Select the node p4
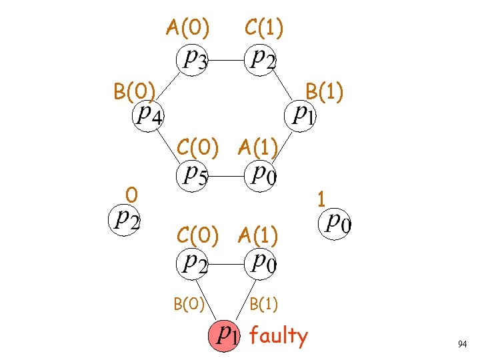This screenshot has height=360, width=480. [147, 115]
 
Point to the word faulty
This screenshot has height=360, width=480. [279, 336]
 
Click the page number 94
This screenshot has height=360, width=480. [462, 344]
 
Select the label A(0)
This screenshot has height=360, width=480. [188, 27]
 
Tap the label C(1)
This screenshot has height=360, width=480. [264, 27]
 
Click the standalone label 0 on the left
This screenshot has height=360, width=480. [133, 195]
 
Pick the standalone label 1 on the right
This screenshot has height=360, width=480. [321, 199]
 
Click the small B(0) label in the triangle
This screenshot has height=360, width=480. [189, 305]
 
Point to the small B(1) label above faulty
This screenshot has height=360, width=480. [264, 305]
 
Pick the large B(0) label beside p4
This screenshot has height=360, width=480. [135, 90]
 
